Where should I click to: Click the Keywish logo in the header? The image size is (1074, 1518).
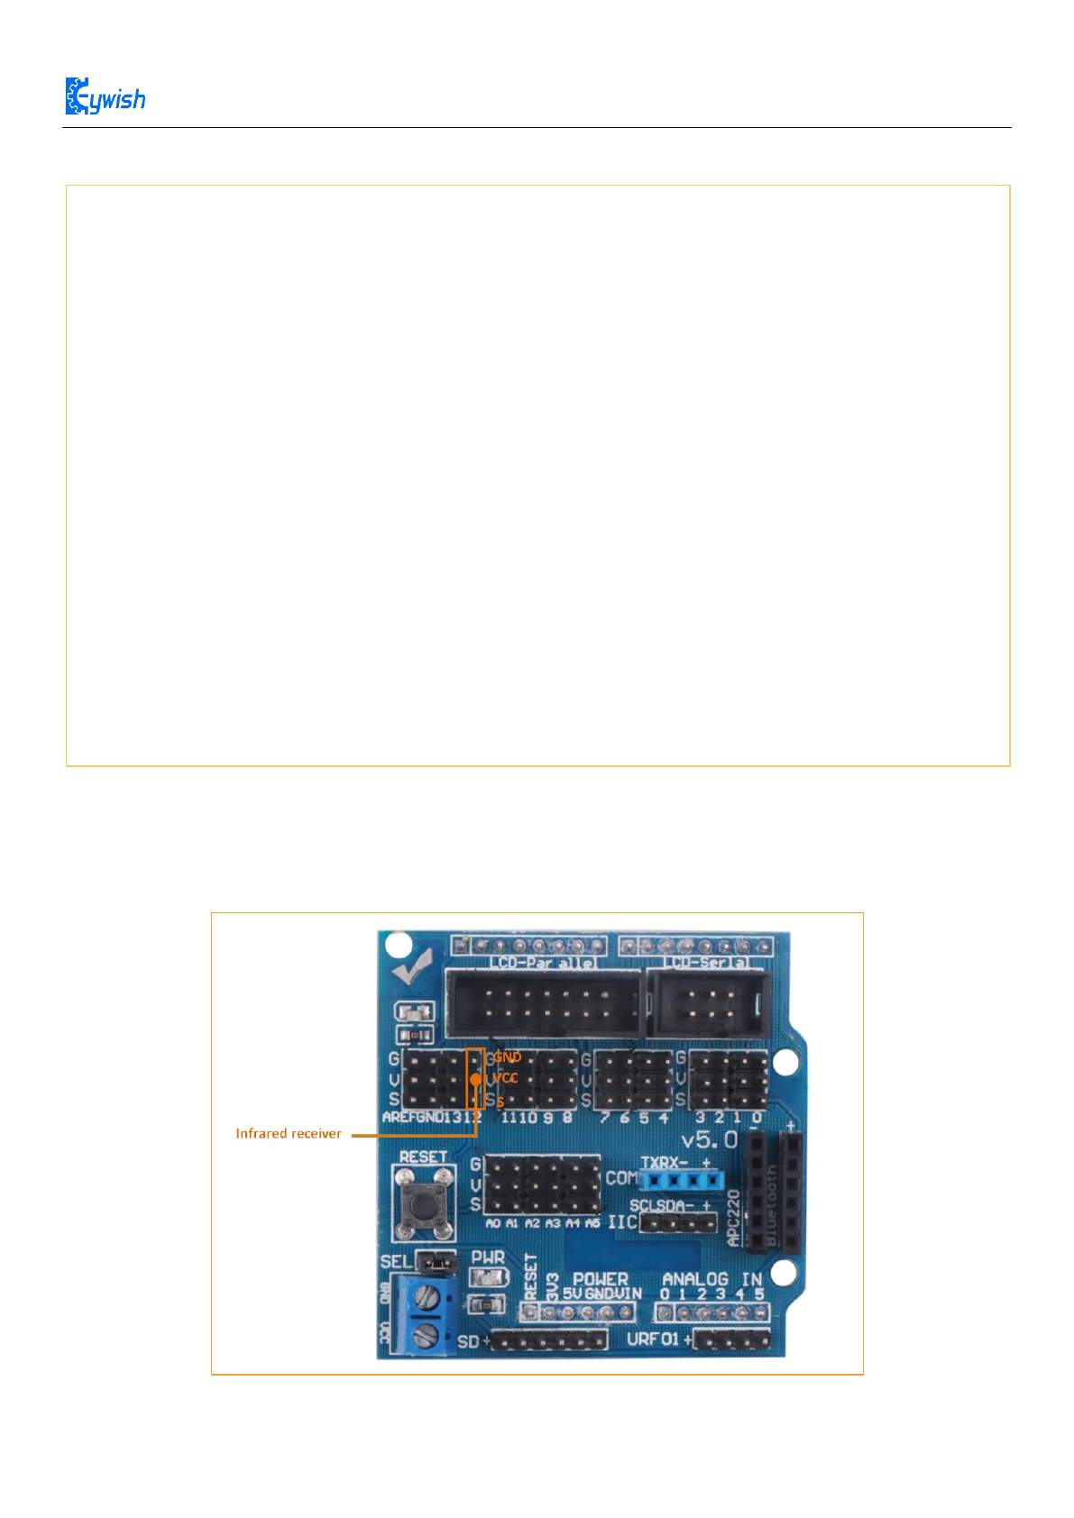105,97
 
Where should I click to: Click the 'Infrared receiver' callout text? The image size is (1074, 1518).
289,1134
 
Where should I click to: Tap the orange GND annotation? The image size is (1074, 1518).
507,1057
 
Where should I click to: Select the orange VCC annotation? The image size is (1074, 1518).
506,1078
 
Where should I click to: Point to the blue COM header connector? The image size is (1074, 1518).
682,1179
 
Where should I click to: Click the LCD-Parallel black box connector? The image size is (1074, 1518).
544,1003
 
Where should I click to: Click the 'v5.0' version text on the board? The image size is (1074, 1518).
710,1140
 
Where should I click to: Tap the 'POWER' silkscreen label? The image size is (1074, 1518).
601,1279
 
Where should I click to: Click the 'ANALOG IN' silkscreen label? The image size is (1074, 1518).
712,1279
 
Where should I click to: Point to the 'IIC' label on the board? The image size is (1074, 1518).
622,1223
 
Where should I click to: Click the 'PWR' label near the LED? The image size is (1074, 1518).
488,1257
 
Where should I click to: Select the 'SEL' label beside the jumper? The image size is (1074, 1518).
395,1261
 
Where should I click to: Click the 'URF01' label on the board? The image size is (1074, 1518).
653,1340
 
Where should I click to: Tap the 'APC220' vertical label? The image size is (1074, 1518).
734,1217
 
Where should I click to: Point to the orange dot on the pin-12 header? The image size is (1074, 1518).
475,1078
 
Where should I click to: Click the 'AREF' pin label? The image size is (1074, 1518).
399,1118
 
